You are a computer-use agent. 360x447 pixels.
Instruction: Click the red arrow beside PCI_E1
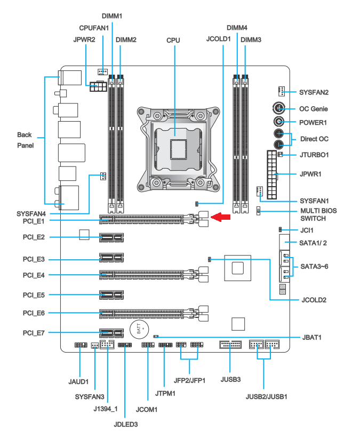click(x=222, y=217)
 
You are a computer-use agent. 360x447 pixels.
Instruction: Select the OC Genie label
click(x=313, y=109)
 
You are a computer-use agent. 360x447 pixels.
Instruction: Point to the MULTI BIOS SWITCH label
click(x=318, y=214)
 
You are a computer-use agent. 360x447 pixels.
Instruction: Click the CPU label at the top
click(x=173, y=40)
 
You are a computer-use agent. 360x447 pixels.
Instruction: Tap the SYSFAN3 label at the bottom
click(x=90, y=397)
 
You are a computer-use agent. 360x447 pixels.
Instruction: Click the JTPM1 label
click(x=164, y=393)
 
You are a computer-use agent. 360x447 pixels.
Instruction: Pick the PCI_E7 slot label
click(x=34, y=333)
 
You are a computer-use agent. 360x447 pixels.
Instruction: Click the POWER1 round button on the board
click(x=279, y=122)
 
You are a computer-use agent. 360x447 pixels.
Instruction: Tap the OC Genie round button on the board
click(x=279, y=108)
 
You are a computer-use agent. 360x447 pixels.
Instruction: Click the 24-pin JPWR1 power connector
click(x=272, y=174)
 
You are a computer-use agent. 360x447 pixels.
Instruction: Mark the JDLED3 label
click(x=126, y=425)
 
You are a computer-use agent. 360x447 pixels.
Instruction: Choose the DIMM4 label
click(x=237, y=27)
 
